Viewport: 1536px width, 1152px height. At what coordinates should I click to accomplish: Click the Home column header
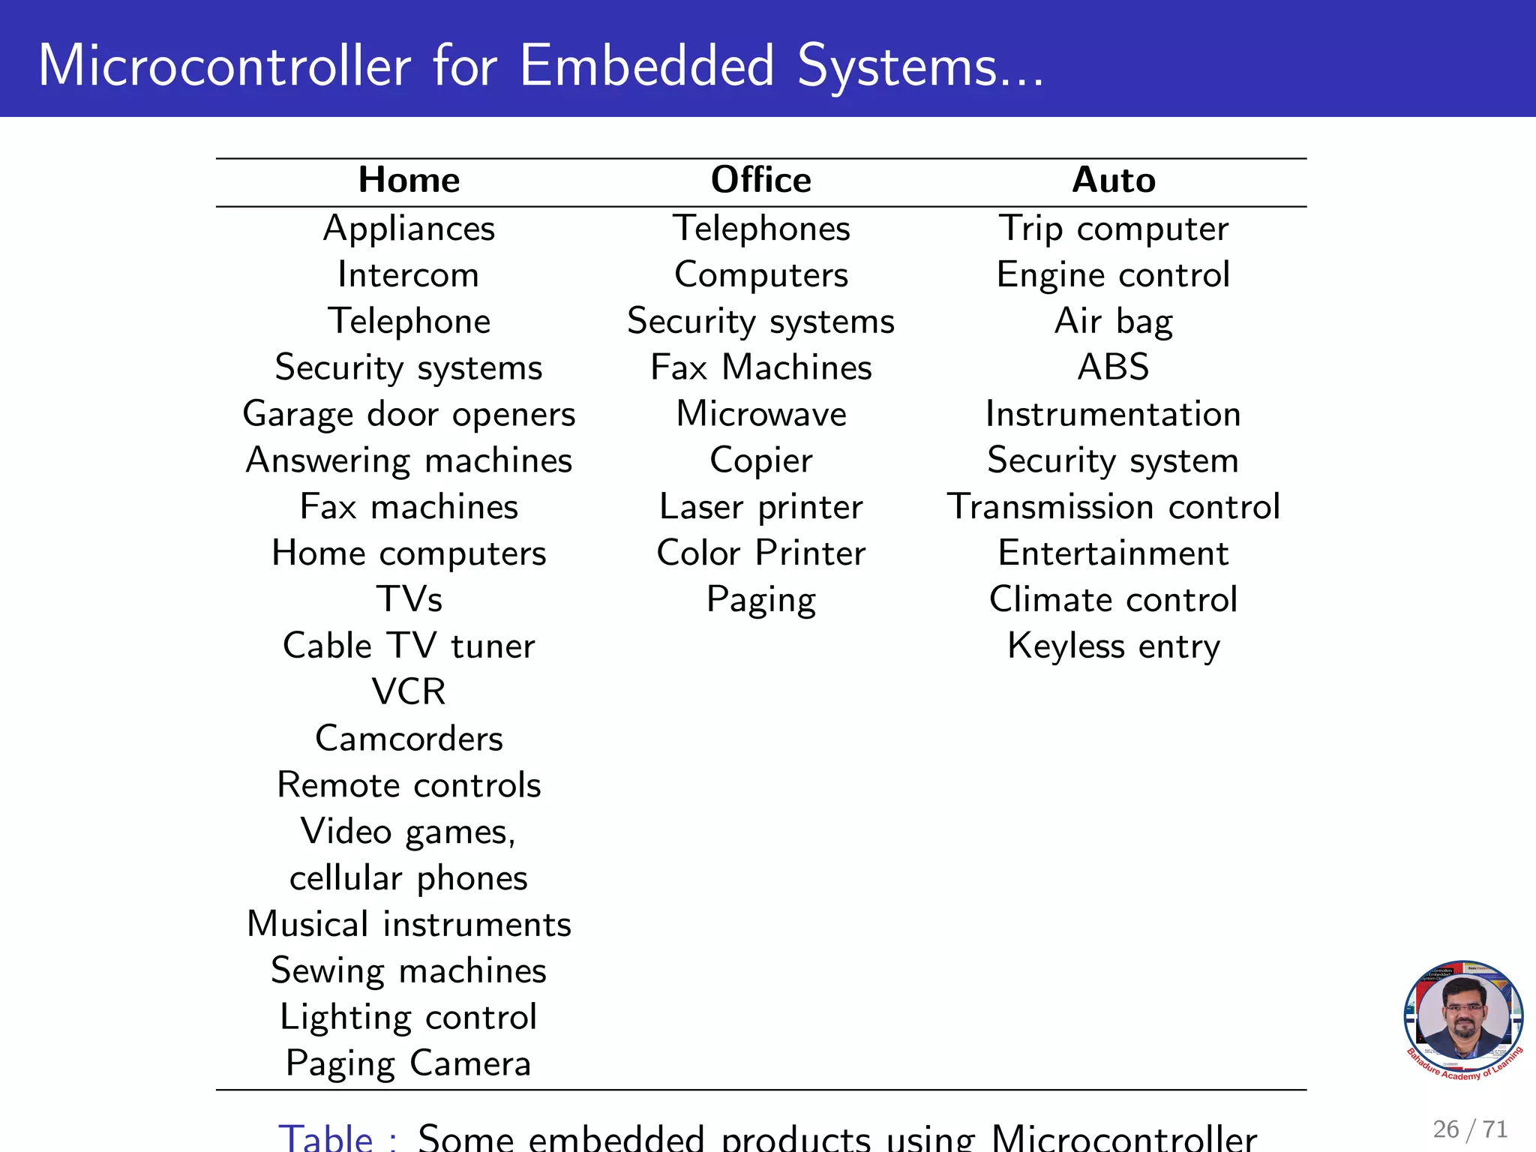coord(409,180)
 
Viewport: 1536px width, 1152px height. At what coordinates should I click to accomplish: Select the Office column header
coord(760,180)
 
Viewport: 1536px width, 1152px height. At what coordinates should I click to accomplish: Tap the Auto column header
coord(1113,180)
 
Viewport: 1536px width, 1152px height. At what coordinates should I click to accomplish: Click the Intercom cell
coord(408,274)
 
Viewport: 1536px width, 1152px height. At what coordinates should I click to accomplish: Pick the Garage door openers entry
coord(409,414)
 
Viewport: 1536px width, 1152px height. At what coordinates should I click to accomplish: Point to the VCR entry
coord(409,691)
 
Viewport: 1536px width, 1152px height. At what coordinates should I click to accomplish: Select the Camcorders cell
coord(409,739)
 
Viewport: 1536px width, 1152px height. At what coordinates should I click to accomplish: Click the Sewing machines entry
coord(409,970)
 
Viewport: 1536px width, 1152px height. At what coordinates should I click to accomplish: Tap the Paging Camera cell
coord(409,1063)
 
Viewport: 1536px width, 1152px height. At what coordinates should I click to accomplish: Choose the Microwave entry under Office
coord(761,414)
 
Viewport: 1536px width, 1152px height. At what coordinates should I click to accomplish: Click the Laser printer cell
coord(761,507)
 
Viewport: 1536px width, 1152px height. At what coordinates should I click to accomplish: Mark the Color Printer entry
coord(761,553)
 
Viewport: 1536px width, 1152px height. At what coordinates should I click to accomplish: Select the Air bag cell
coord(1113,321)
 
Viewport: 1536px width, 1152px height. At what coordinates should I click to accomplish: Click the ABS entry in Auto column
coord(1113,367)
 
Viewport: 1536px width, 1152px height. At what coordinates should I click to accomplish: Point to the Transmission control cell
coord(1113,507)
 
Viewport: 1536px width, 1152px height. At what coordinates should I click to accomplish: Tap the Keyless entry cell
coord(1113,646)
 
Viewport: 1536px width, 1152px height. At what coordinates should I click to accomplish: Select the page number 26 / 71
coord(1469,1129)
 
